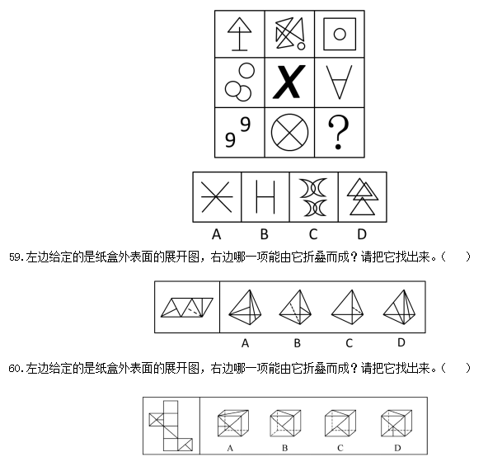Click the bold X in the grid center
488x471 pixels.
coord(289,82)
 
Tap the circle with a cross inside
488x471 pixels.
coord(289,132)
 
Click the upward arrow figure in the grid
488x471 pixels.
coord(239,34)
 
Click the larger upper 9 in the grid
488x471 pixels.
coord(246,125)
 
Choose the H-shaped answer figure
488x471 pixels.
coord(265,197)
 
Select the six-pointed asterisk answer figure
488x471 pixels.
coord(217,197)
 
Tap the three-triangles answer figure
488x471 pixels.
coord(363,197)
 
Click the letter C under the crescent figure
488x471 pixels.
coord(313,234)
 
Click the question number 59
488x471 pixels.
coord(15,257)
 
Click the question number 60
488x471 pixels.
coord(15,369)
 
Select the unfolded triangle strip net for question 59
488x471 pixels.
coord(187,308)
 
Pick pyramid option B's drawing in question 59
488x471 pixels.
coord(296,307)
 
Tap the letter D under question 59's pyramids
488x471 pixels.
coord(401,342)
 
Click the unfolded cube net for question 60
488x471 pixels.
coord(171,426)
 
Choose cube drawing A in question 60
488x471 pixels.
coord(233,423)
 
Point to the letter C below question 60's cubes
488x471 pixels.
coord(340,448)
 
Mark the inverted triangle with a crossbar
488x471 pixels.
coord(339,82)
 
